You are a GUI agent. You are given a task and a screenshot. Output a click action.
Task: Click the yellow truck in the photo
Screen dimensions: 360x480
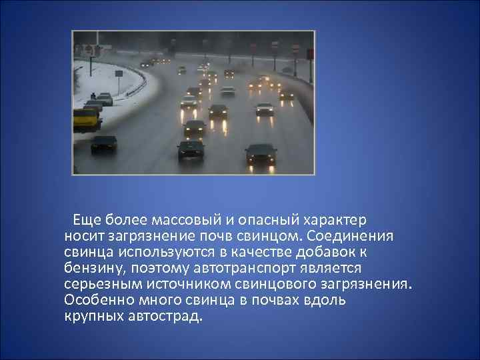[x=87, y=119]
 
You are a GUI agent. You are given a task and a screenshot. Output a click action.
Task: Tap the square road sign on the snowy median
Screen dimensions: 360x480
[x=119, y=73]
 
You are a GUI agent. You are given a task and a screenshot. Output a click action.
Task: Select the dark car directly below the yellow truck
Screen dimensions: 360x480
[x=103, y=143]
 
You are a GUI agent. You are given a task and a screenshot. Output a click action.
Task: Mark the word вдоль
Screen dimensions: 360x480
[x=326, y=299]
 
